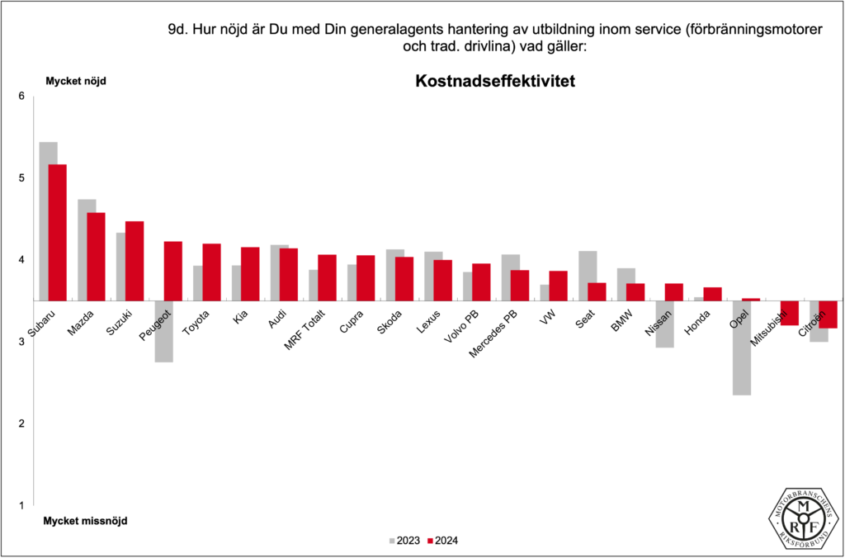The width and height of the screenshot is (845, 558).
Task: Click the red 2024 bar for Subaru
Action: tap(57, 232)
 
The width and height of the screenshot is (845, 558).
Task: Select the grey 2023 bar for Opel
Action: tap(742, 348)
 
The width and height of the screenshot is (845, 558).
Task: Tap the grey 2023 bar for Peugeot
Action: tap(163, 331)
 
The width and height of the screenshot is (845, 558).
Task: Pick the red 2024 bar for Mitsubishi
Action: tap(790, 313)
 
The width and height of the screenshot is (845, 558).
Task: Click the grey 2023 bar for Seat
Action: tap(588, 276)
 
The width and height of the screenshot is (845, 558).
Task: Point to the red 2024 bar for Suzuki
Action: tap(135, 261)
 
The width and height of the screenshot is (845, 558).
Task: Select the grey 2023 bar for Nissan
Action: tap(665, 324)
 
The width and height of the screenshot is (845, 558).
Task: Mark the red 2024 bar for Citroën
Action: tap(828, 314)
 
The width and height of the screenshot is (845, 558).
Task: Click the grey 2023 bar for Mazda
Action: tap(87, 249)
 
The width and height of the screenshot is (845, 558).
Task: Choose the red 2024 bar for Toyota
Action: tap(211, 272)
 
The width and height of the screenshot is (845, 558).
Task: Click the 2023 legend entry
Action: tap(404, 541)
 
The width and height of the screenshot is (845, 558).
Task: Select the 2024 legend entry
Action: tap(442, 541)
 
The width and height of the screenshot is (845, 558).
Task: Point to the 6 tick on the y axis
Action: tap(21, 97)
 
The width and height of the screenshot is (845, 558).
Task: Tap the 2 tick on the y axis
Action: tap(21, 423)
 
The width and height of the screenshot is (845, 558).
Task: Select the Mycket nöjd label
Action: tap(75, 81)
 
